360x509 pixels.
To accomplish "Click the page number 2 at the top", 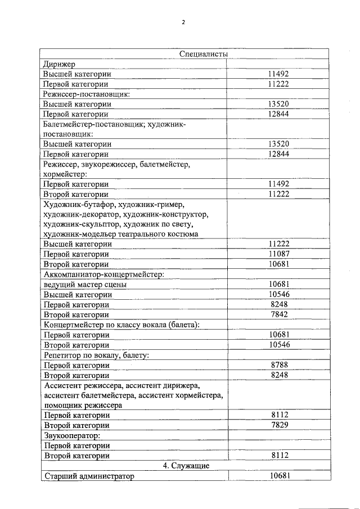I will (183, 22).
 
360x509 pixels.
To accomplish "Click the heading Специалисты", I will (203, 53).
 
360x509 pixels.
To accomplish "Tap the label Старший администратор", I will (89, 476).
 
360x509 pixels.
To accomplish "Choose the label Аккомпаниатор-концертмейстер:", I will (103, 274).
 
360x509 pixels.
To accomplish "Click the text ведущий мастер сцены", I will (85, 284).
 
